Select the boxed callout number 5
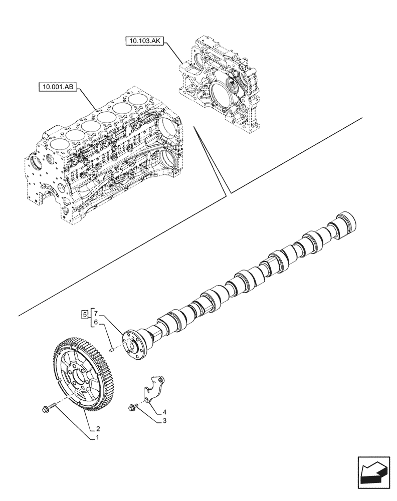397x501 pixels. click(85, 314)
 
